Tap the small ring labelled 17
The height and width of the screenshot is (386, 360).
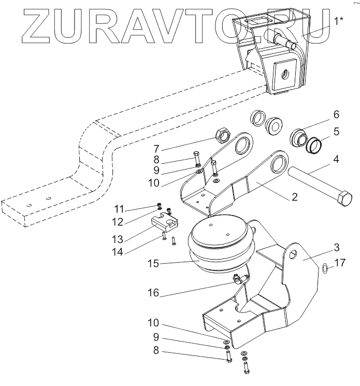click(x=323, y=268)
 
